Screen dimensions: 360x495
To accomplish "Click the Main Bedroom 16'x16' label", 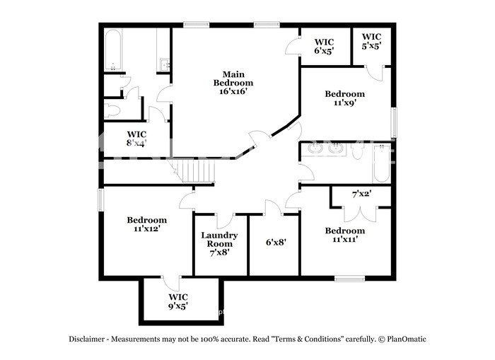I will [233, 83].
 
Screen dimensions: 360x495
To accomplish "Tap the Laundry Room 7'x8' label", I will [219, 243].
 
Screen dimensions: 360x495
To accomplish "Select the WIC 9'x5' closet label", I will [177, 301].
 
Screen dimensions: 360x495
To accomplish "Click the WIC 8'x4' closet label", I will [136, 138].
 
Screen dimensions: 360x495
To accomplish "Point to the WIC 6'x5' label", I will [324, 46].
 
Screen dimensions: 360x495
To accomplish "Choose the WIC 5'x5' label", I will [372, 41].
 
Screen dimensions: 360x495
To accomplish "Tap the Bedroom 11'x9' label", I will [344, 98].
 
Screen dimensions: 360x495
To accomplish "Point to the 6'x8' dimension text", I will [276, 242].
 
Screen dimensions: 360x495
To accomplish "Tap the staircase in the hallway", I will [197, 172].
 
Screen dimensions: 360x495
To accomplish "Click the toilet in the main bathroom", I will [114, 110].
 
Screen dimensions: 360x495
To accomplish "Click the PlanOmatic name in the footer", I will [406, 339].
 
